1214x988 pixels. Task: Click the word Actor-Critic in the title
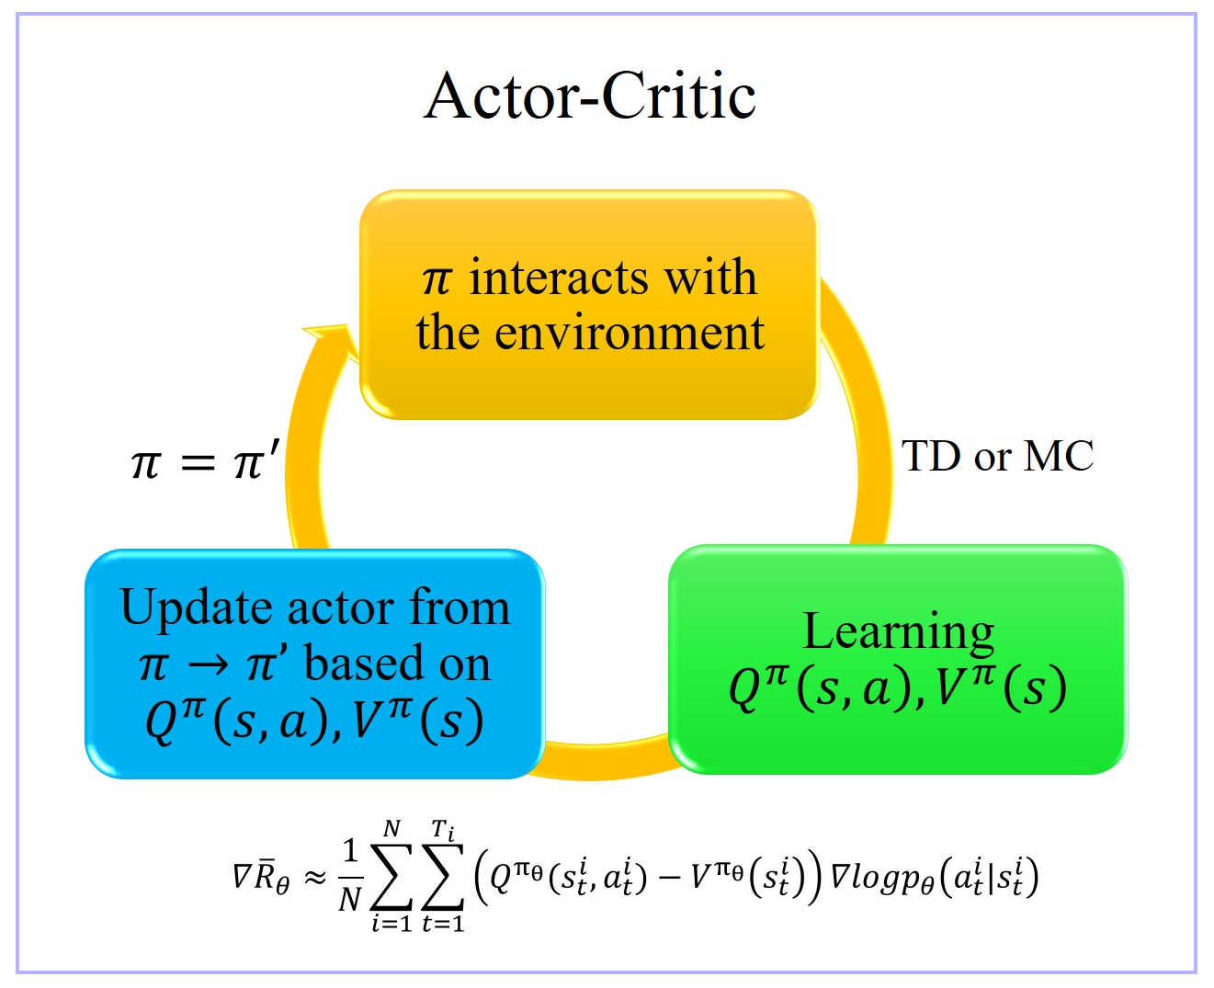[589, 96]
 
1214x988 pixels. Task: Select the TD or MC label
[997, 456]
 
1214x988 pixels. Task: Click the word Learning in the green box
[898, 632]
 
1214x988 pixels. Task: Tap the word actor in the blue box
[342, 609]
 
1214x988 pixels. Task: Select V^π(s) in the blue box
[419, 721]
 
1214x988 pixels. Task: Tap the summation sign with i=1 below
[391, 879]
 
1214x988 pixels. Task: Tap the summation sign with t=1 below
[442, 879]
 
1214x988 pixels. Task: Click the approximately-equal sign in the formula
[315, 879]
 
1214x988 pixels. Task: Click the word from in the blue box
[460, 609]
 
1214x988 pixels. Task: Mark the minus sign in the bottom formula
[670, 879]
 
